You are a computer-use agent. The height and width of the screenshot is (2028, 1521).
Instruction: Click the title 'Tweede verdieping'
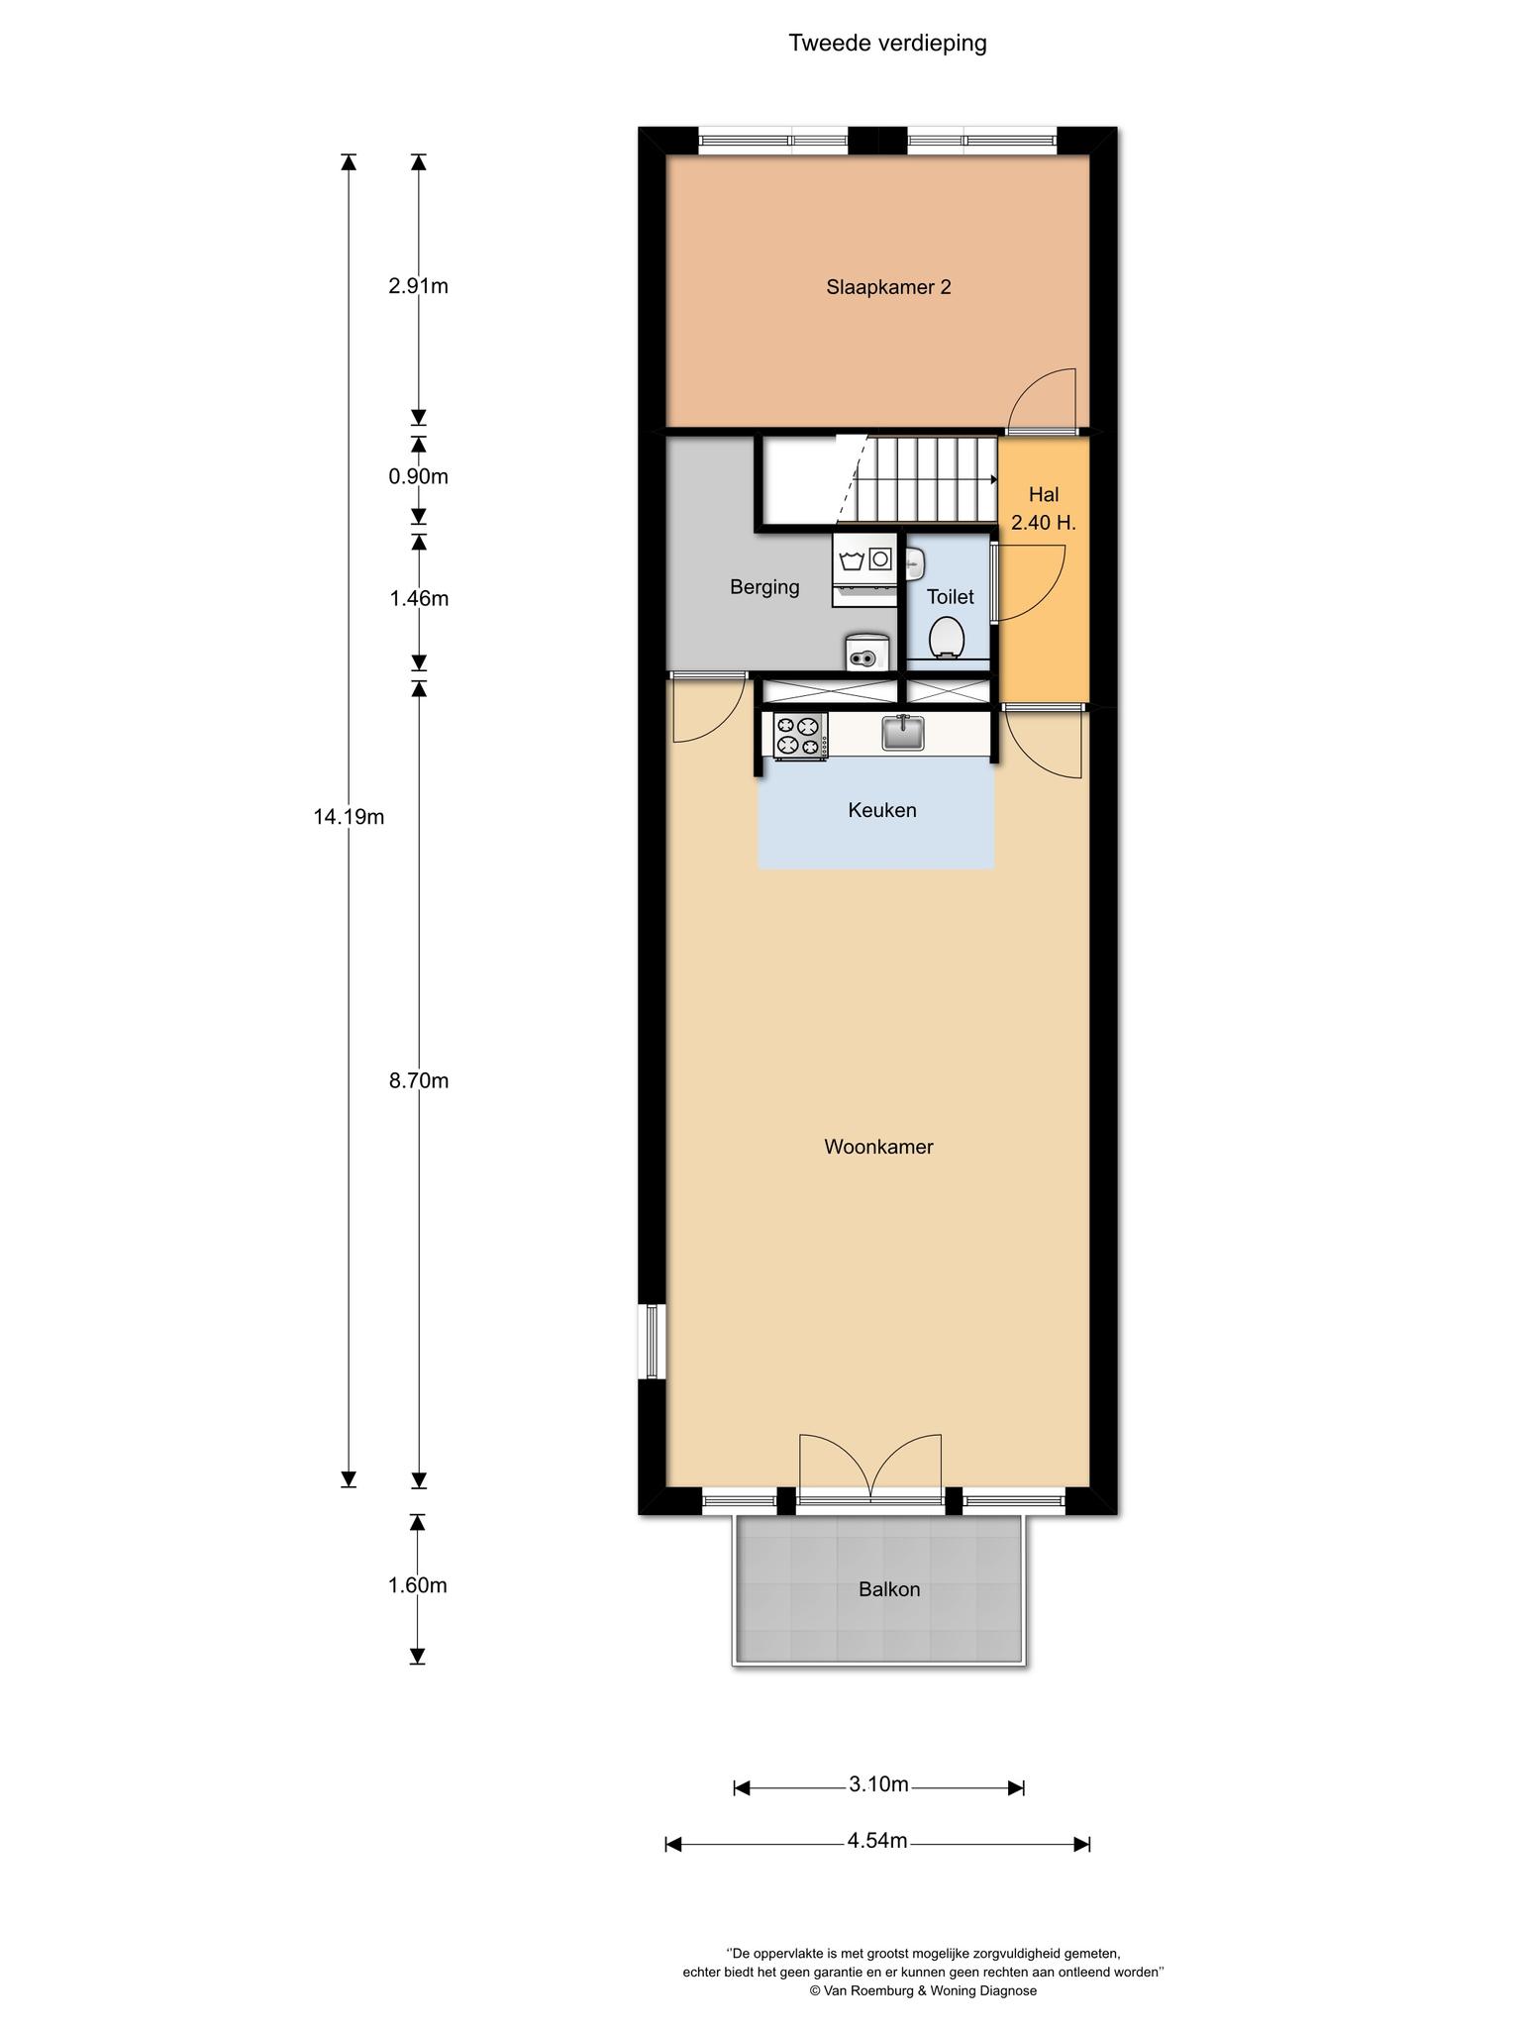coord(887,44)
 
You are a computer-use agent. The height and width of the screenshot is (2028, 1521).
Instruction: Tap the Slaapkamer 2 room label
coord(888,287)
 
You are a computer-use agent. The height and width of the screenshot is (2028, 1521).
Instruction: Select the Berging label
coord(764,587)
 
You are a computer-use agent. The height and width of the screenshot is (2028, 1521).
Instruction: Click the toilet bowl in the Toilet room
coord(948,637)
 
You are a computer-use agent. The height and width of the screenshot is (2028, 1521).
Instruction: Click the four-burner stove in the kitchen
coord(800,736)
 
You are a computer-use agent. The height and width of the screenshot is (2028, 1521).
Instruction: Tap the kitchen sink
coord(903,733)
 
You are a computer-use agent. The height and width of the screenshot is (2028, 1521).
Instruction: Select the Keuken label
coord(882,810)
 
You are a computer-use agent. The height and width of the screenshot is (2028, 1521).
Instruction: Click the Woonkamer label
coord(878,1147)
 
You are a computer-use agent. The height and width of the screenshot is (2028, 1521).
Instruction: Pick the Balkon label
coord(889,1589)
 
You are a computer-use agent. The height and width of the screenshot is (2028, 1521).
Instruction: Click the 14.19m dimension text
coord(349,817)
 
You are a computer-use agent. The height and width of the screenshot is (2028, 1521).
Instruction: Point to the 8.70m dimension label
coord(419,1080)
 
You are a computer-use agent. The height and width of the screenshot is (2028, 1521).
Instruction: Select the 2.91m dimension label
coord(419,286)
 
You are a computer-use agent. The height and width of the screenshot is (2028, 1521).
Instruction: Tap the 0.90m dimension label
coord(419,476)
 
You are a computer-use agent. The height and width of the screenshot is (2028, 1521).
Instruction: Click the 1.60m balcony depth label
coord(418,1585)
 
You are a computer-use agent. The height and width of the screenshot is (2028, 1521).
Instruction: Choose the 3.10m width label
coord(878,1784)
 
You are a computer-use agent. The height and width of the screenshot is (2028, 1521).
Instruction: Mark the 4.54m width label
coord(877,1841)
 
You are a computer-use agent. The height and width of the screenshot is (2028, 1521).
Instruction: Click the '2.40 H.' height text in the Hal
coord(1044,523)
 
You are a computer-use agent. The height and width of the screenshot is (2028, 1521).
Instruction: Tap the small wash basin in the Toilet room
coord(914,564)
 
